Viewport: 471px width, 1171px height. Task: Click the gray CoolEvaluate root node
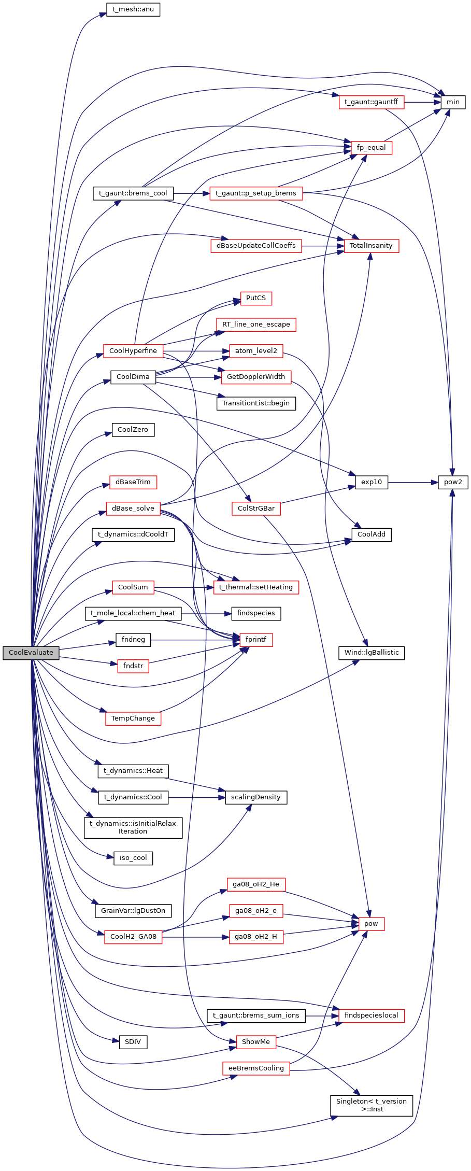[31, 653]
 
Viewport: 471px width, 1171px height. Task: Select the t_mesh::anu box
[133, 10]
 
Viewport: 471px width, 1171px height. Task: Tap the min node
[453, 102]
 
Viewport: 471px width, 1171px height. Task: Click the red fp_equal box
[371, 148]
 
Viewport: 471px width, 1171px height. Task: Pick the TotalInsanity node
[371, 246]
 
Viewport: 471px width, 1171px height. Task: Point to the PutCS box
[256, 299]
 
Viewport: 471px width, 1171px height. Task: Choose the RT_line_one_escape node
[256, 325]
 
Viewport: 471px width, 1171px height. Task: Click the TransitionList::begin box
[256, 403]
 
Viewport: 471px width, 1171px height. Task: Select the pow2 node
[453, 482]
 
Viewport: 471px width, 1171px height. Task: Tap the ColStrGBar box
[256, 509]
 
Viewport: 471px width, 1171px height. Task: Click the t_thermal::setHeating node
[256, 587]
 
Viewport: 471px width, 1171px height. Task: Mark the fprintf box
[256, 640]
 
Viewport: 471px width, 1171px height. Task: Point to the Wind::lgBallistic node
[371, 653]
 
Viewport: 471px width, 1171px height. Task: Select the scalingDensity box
[256, 797]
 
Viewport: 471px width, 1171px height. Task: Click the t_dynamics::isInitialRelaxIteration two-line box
[133, 827]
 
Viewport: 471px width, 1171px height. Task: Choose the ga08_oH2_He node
[256, 884]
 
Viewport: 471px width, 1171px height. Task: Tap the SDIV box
[133, 1042]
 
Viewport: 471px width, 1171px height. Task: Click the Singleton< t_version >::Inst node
[371, 1105]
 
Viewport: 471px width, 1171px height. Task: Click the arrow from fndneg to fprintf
[195, 640]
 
